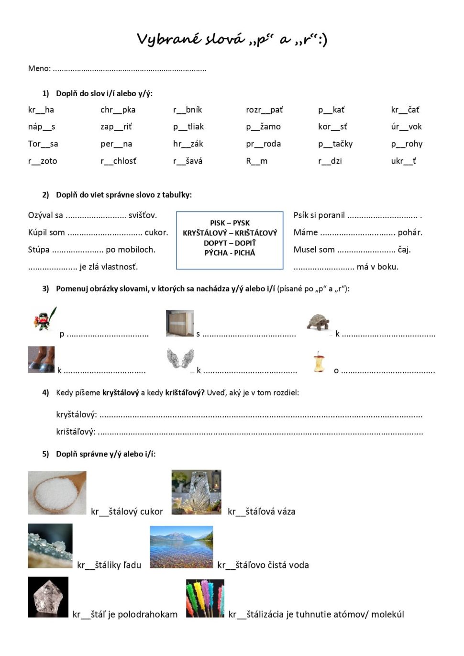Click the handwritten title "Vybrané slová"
(190, 39)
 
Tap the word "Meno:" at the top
(39, 68)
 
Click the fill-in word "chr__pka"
(118, 110)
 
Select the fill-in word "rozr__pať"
(264, 110)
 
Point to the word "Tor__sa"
(43, 144)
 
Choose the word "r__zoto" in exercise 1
(43, 161)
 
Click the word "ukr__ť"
(403, 161)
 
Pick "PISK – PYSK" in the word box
(230, 223)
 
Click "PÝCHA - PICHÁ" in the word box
(230, 253)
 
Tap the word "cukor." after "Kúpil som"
(156, 233)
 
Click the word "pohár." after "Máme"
(410, 233)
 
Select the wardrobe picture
(180, 323)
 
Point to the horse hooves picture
(41, 359)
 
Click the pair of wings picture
(180, 358)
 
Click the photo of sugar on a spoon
(57, 493)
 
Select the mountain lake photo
(181, 547)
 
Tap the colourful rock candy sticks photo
(205, 598)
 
